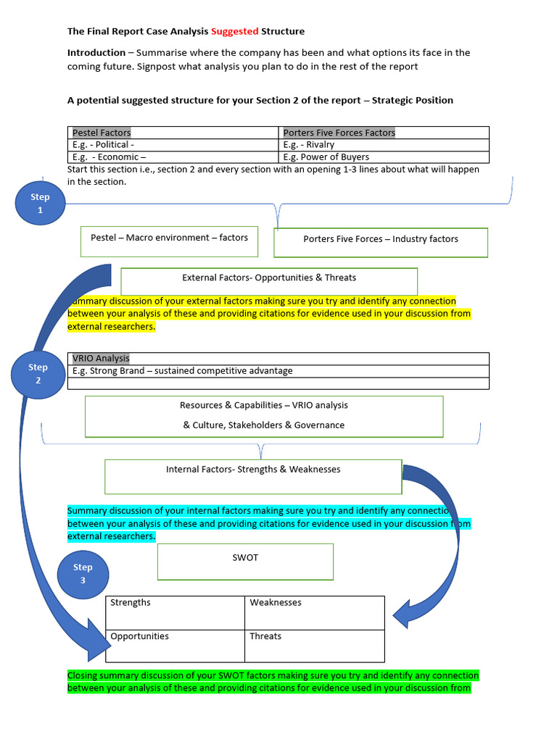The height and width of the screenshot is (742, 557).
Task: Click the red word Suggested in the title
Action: pyautogui.click(x=235, y=31)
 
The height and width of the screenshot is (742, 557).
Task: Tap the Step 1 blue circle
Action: pyautogui.click(x=40, y=203)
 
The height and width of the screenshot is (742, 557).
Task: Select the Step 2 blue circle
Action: pyautogui.click(x=38, y=373)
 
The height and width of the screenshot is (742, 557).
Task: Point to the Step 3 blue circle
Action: pyautogui.click(x=83, y=574)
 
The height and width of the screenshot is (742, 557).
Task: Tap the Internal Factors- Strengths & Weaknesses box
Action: pyautogui.click(x=253, y=476)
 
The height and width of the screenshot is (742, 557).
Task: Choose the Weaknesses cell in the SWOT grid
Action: pyautogui.click(x=314, y=612)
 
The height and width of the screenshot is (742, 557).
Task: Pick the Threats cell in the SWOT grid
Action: pyautogui.click(x=314, y=645)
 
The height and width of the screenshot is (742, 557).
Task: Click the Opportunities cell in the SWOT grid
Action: pyautogui.click(x=175, y=645)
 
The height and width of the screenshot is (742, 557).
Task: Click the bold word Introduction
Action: pyautogui.click(x=96, y=53)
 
